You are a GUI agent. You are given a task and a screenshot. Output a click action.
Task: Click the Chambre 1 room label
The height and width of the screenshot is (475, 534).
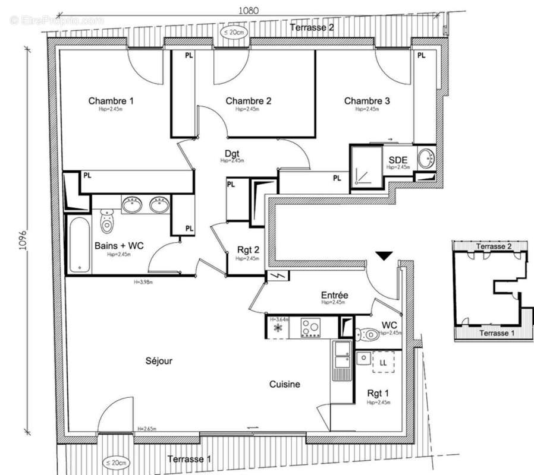click(x=111, y=101)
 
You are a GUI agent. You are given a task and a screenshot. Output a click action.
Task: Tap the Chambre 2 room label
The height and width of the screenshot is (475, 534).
click(x=249, y=101)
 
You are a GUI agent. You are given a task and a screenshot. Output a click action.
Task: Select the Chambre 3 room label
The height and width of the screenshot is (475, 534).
click(x=367, y=101)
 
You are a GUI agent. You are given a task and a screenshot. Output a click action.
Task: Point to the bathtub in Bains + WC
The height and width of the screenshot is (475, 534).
click(x=78, y=245)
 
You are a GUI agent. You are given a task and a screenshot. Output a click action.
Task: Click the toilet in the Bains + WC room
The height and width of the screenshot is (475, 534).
click(x=107, y=221)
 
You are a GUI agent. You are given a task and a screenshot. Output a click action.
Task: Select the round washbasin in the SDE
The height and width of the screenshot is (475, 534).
click(x=426, y=159)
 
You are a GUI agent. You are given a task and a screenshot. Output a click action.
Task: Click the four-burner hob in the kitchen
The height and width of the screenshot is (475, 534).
click(x=311, y=327)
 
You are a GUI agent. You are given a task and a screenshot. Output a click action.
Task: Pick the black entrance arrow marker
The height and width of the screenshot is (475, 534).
click(x=385, y=256)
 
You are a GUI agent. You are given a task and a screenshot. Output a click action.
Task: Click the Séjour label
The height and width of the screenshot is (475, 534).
click(x=158, y=361)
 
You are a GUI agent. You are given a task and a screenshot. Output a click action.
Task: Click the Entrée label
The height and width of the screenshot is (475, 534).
click(x=334, y=295)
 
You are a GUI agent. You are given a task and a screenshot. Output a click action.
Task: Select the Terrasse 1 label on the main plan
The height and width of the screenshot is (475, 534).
click(x=189, y=459)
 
